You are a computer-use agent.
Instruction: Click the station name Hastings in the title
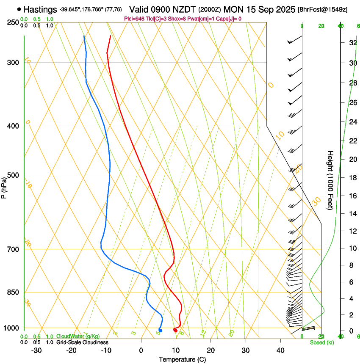click(40, 9)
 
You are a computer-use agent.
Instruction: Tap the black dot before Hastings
click(19, 9)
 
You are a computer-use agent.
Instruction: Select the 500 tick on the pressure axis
click(13, 175)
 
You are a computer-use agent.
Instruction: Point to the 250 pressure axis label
click(13, 22)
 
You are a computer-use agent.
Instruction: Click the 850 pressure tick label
click(13, 292)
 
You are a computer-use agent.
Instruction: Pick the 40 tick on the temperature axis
click(280, 350)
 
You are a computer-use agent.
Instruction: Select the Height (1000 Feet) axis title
click(330, 180)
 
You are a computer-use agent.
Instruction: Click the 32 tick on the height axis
click(352, 43)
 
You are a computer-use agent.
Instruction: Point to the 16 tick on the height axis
click(352, 196)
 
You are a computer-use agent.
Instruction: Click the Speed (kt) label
click(321, 342)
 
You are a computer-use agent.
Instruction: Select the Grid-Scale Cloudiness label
click(82, 342)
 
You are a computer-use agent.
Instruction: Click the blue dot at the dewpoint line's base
click(161, 331)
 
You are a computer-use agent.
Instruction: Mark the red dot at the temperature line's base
click(175, 331)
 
